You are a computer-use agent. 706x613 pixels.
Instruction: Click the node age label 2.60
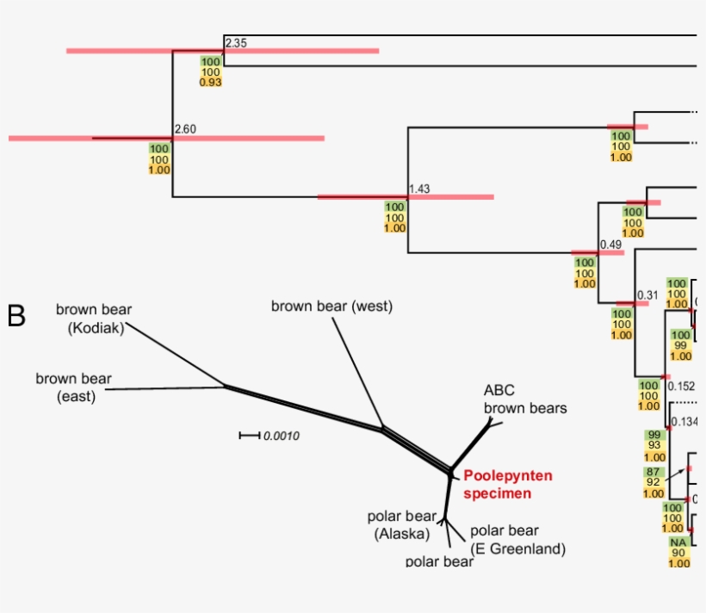[x=185, y=129]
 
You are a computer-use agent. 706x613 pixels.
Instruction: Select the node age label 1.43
[x=419, y=189]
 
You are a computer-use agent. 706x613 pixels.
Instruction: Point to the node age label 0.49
[x=610, y=244]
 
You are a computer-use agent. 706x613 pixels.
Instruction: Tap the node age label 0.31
[x=647, y=295]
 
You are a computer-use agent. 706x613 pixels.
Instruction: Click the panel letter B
[x=16, y=316]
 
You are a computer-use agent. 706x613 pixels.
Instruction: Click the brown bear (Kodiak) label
[x=95, y=318]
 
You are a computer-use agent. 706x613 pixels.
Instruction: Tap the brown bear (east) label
[x=73, y=387]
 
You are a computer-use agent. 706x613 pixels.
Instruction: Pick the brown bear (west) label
[x=331, y=306]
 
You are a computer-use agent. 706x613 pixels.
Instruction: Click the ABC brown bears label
[x=524, y=399]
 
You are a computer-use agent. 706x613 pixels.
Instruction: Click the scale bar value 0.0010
[x=281, y=436]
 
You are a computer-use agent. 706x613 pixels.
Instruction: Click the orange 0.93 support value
[x=211, y=82]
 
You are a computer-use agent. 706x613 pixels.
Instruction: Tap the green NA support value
[x=679, y=542]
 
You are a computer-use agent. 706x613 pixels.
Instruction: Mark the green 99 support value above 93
[x=654, y=434]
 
